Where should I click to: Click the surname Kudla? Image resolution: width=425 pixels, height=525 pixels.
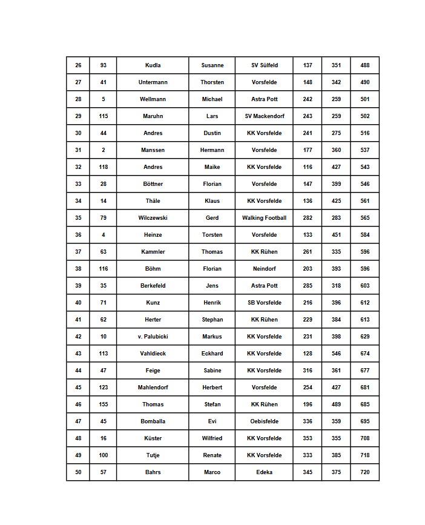(x=153, y=65)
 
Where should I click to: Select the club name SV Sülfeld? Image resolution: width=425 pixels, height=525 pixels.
(x=265, y=65)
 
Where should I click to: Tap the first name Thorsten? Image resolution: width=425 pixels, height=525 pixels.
(x=212, y=82)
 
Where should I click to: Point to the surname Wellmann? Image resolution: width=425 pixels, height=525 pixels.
(x=153, y=99)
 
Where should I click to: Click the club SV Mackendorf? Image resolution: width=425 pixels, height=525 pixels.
(x=265, y=116)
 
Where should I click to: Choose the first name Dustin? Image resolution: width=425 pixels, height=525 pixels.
(x=212, y=133)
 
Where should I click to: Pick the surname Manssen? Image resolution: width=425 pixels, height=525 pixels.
(x=153, y=150)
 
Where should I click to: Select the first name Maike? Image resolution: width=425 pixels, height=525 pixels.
(x=212, y=167)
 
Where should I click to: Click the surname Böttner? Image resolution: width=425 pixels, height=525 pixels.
(x=153, y=184)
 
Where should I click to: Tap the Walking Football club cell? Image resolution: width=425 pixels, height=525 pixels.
(x=265, y=218)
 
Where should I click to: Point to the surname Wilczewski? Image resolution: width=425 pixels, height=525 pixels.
(x=153, y=218)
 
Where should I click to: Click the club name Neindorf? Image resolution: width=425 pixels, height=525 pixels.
(x=265, y=269)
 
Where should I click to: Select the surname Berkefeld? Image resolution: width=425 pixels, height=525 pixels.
(x=153, y=286)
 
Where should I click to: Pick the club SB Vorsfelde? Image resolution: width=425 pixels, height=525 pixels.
(x=265, y=303)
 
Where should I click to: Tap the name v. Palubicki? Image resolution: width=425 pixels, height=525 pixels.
(x=153, y=337)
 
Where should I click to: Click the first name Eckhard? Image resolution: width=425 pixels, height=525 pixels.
(x=212, y=354)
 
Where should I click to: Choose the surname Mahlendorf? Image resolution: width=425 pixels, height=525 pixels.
(x=153, y=388)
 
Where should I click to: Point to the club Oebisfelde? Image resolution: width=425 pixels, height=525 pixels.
(x=265, y=421)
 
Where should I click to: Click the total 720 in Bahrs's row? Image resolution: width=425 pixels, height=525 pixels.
(x=364, y=472)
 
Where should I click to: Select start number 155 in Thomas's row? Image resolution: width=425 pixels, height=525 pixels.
(x=104, y=404)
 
